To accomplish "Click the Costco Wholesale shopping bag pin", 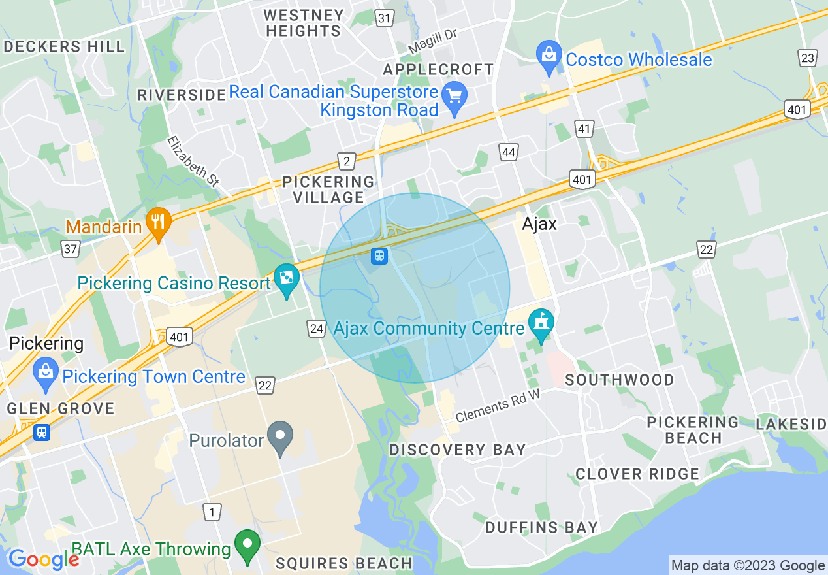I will click(549, 57).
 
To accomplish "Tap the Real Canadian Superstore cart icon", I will click(454, 95).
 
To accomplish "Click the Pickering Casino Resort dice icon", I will click(286, 280).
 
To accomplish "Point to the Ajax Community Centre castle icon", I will click(541, 325).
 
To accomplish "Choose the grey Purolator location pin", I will click(281, 437).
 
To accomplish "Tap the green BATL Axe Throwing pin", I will click(247, 546).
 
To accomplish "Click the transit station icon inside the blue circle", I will click(379, 255).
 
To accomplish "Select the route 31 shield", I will click(385, 18).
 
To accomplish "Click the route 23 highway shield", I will click(808, 58).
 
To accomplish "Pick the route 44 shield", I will click(509, 153).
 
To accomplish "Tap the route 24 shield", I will click(317, 328).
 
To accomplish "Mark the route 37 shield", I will click(71, 248).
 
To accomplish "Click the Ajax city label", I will click(539, 224).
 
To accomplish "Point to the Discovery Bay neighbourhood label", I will click(457, 450).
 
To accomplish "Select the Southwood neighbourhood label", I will click(619, 380).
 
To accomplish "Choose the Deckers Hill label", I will click(63, 46).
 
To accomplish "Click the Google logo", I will click(43, 559).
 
